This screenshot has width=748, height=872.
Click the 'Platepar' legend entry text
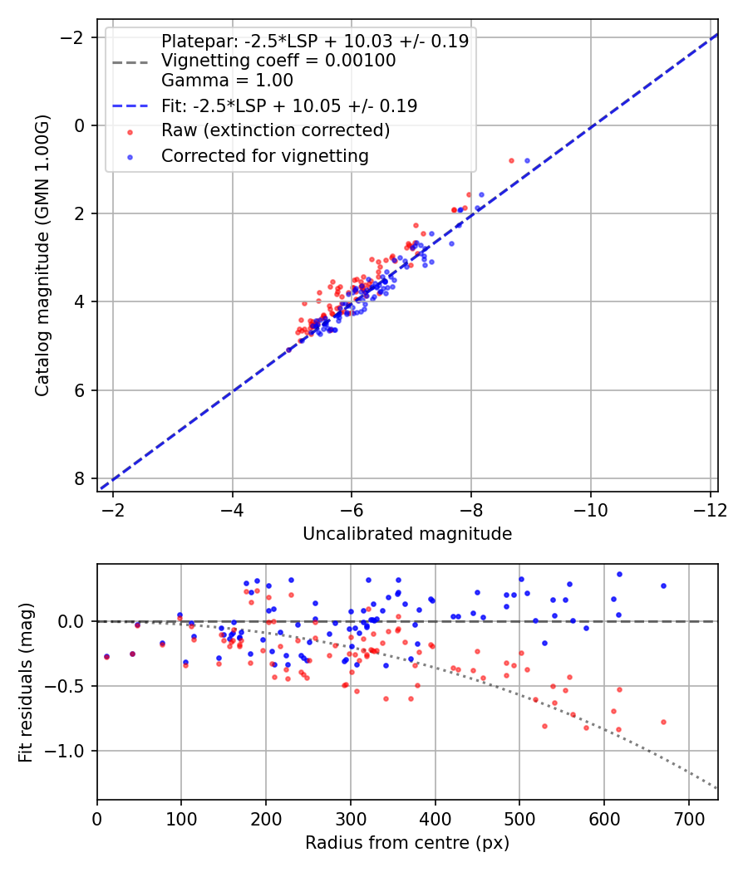pyautogui.click(x=314, y=41)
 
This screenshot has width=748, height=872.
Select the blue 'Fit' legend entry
pyautogui.click(x=288, y=106)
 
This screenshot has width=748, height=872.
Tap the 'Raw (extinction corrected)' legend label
pyautogui.click(x=275, y=130)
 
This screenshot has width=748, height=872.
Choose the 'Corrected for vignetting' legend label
pyautogui.click(x=264, y=155)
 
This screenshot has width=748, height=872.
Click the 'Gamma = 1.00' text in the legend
pyautogui.click(x=227, y=81)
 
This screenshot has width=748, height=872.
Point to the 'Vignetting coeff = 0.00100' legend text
pyautogui.click(x=278, y=61)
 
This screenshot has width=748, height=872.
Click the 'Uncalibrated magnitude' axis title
pyautogui.click(x=407, y=533)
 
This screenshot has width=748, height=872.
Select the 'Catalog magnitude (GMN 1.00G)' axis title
pyautogui.click(x=43, y=256)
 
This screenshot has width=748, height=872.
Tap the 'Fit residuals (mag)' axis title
pyautogui.click(x=25, y=682)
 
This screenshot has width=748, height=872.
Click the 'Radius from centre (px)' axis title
pyautogui.click(x=407, y=843)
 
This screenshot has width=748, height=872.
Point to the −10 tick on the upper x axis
pyautogui.click(x=591, y=509)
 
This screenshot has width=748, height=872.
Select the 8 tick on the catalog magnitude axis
pyautogui.click(x=80, y=478)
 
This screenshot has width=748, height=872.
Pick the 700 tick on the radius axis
pyautogui.click(x=688, y=818)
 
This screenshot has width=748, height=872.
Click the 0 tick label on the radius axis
pyautogui.click(x=97, y=818)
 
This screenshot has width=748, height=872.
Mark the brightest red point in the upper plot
pyautogui.click(x=511, y=160)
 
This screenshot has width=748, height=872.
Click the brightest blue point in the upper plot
pyautogui.click(x=527, y=160)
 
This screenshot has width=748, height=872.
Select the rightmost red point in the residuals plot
pyautogui.click(x=663, y=722)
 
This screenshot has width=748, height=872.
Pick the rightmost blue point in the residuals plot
pyautogui.click(x=663, y=585)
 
